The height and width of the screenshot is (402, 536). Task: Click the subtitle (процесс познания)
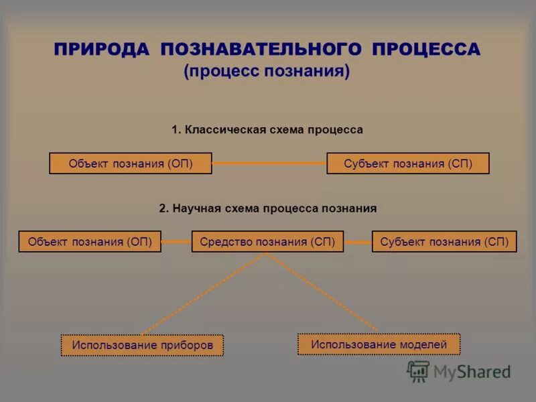coord(267,72)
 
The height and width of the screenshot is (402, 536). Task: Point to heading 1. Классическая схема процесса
coord(267,130)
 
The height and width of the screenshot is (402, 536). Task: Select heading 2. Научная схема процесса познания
coord(267,208)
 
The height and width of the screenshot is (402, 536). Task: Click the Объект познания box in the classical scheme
coord(131,163)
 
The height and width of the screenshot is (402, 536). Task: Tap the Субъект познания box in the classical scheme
coord(408,163)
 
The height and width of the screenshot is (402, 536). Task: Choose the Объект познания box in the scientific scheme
coord(90,242)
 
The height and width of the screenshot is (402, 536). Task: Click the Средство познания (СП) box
coord(267,242)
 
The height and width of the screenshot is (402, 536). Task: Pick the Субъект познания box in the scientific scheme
coord(444,242)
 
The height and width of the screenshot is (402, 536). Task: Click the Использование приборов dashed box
coord(142,345)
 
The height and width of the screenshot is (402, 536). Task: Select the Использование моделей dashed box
coord(379,344)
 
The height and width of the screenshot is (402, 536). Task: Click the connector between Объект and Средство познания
coord(176,242)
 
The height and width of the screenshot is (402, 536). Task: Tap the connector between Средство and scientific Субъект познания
coord(357,242)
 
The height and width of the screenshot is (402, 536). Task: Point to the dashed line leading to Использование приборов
coord(204,293)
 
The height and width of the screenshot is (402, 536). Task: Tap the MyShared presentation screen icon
coord(418,371)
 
